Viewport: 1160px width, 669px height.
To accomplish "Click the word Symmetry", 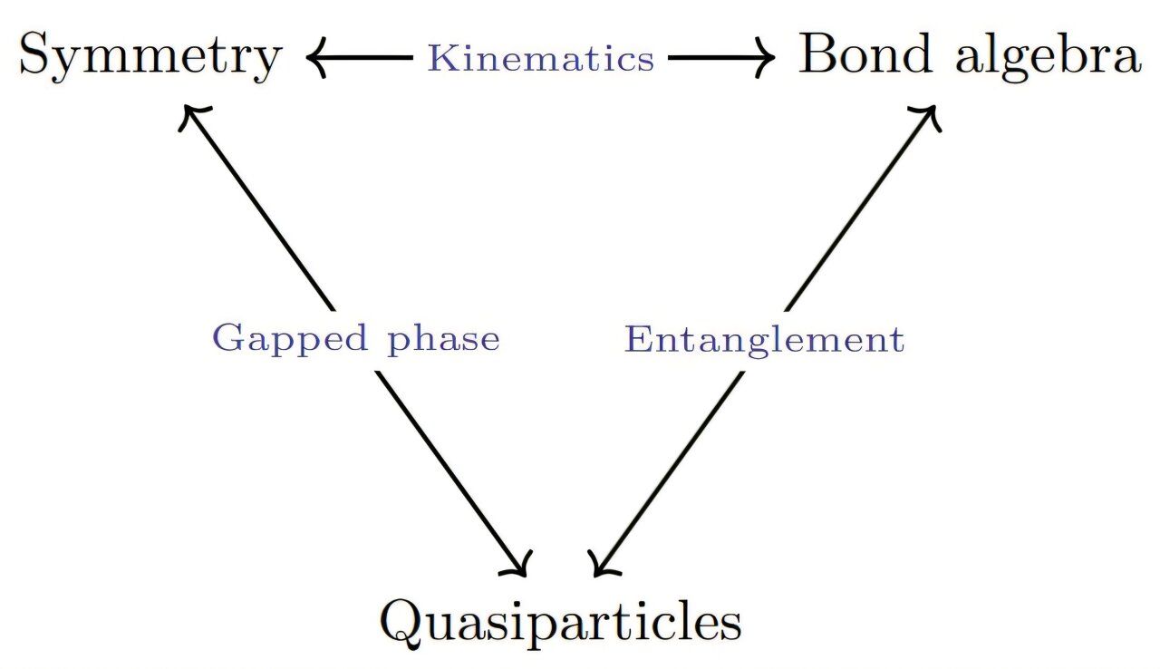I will [x=150, y=57].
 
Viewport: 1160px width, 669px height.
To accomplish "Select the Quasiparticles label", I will [x=559, y=622].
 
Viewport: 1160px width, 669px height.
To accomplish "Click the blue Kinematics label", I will [x=541, y=59].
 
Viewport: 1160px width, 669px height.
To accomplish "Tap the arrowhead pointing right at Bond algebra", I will [x=766, y=60].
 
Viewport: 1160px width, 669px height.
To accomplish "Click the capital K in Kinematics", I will [x=441, y=59].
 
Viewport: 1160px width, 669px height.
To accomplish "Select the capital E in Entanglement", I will [x=638, y=340].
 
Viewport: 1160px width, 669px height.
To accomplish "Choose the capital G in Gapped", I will [x=227, y=339].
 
